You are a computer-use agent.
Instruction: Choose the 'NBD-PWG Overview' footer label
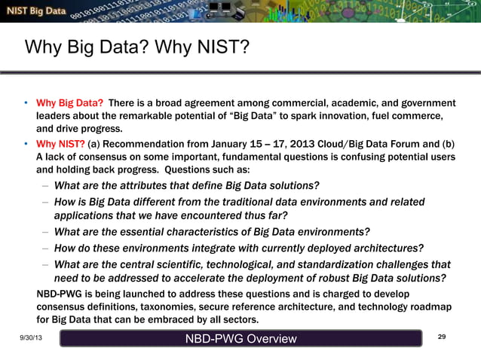pos(241,340)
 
